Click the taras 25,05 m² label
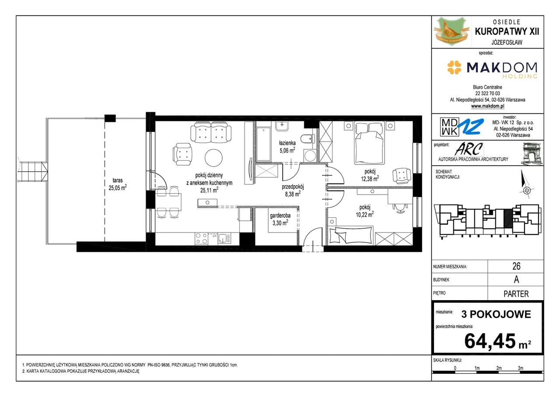point(118,184)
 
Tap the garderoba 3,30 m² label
point(280,219)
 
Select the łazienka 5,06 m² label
point(287,147)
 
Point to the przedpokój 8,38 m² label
point(293,190)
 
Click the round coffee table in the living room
point(213,158)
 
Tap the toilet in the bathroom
point(307,138)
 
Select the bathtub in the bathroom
point(263,144)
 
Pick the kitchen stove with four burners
point(201,238)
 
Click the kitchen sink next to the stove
point(224,238)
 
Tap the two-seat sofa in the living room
point(211,133)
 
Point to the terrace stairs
point(32,172)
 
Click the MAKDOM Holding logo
point(492,69)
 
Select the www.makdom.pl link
point(487,106)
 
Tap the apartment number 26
point(516,266)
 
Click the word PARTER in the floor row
point(516,294)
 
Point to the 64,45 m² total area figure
point(497,341)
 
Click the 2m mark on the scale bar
point(499,368)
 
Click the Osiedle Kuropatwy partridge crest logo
point(451,31)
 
